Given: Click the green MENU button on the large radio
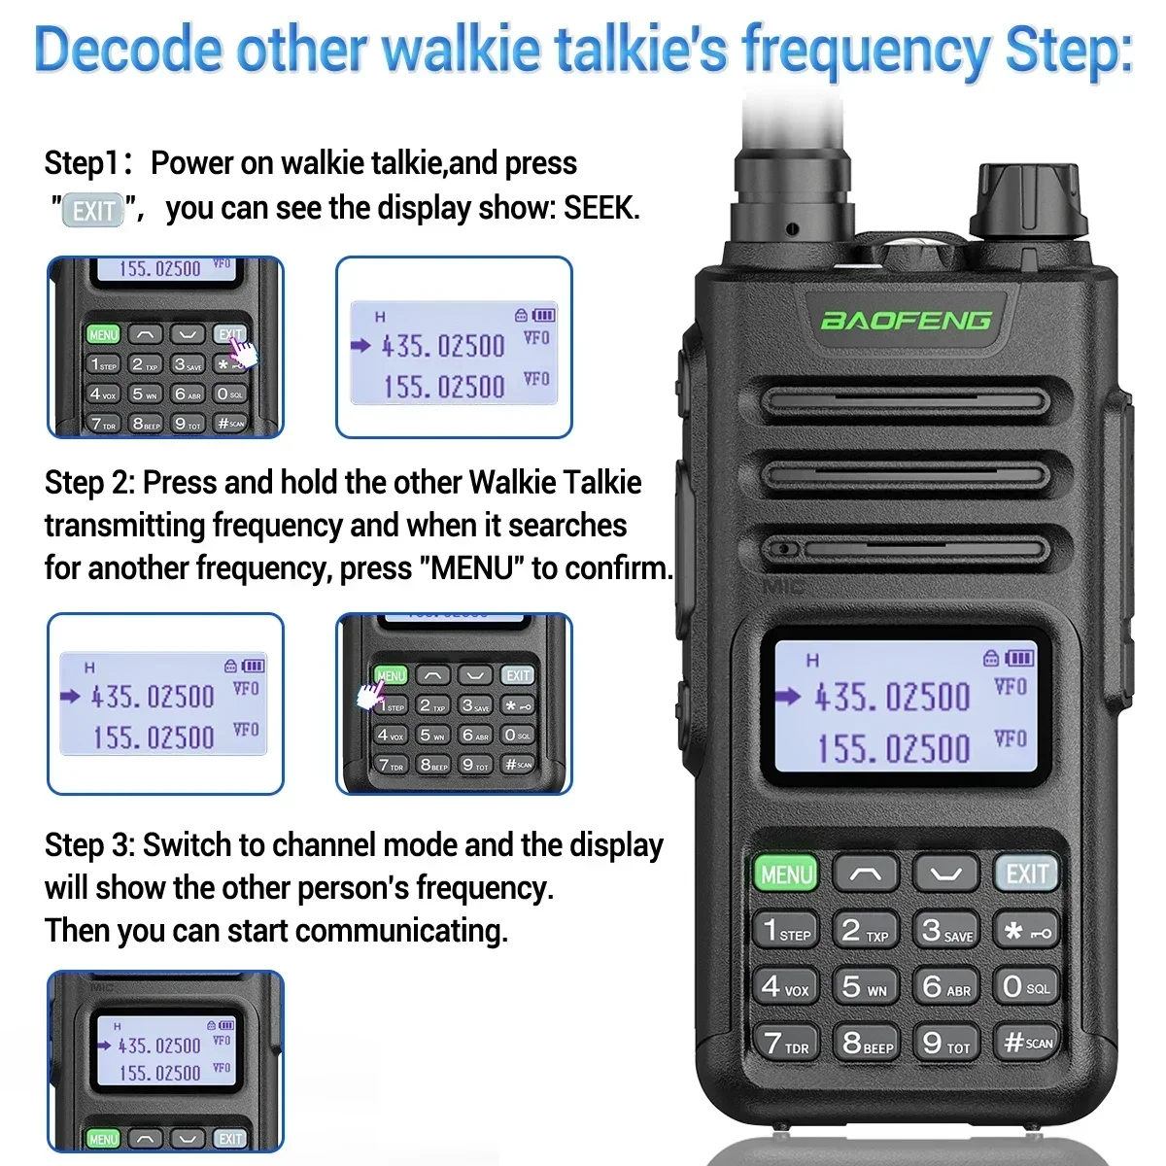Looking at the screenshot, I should pos(786,874).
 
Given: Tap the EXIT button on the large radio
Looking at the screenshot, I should pos(1026,874).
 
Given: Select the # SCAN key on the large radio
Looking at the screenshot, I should pos(1027,1043).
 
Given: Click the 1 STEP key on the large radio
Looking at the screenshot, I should pos(786,931).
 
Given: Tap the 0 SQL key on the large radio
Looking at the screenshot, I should pos(1026,986).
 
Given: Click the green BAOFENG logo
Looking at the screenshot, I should pos(906,320).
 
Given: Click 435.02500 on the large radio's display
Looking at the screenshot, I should pos(892,697).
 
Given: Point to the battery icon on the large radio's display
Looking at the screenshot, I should pos(1019,658).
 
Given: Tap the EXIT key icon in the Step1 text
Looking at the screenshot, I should pos(94,210).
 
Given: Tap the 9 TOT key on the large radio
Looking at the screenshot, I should pos(945,1043).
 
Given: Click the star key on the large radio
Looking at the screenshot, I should pos(1026,931).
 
